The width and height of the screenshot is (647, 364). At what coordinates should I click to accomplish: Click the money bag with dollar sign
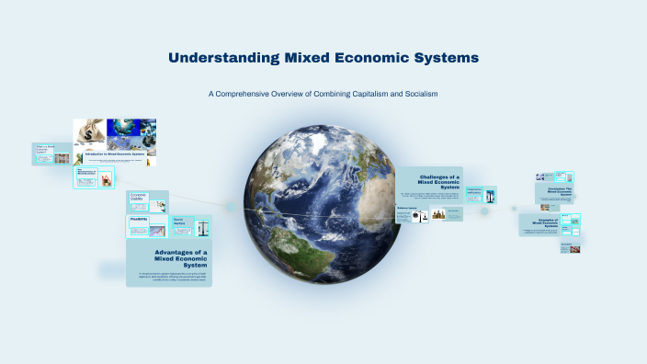(90, 134)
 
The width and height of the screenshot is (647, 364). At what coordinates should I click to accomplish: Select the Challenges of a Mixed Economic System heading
(438, 181)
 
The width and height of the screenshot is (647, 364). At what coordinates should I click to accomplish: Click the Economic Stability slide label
(138, 196)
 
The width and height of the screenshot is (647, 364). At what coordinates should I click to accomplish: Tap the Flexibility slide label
(138, 219)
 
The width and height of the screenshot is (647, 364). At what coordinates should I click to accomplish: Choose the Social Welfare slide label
(178, 221)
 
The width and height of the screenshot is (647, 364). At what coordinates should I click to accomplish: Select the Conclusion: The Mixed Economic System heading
(554, 191)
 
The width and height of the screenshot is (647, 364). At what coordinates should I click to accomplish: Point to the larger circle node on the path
(484, 211)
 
